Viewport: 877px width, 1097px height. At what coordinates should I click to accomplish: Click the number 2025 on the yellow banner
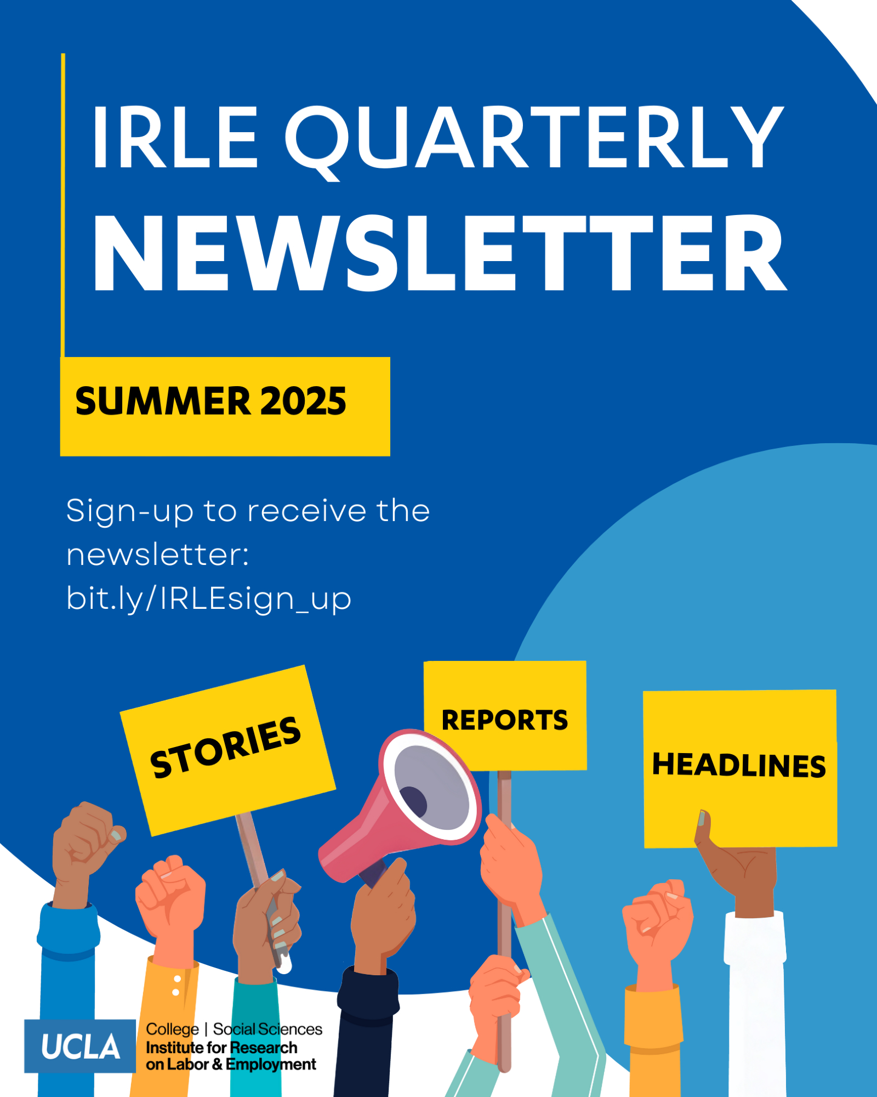303,401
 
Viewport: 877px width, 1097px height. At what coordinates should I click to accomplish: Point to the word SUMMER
163,401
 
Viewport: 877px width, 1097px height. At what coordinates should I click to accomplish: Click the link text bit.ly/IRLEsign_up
209,598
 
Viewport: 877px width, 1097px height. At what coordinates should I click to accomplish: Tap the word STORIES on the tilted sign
226,747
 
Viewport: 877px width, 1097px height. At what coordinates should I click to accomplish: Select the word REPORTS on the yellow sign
505,720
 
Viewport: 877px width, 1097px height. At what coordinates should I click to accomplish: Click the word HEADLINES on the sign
739,765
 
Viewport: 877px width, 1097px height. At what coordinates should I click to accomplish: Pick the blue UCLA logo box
80,1046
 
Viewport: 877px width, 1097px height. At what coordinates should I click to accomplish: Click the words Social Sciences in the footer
267,1029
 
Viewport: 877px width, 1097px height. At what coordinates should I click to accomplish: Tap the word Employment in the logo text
271,1065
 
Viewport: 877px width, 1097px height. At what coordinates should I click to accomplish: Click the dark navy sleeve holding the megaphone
366,1031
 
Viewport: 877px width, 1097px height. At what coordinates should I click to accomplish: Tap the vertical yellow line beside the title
63,205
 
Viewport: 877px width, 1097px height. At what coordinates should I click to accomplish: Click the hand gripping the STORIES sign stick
267,921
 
